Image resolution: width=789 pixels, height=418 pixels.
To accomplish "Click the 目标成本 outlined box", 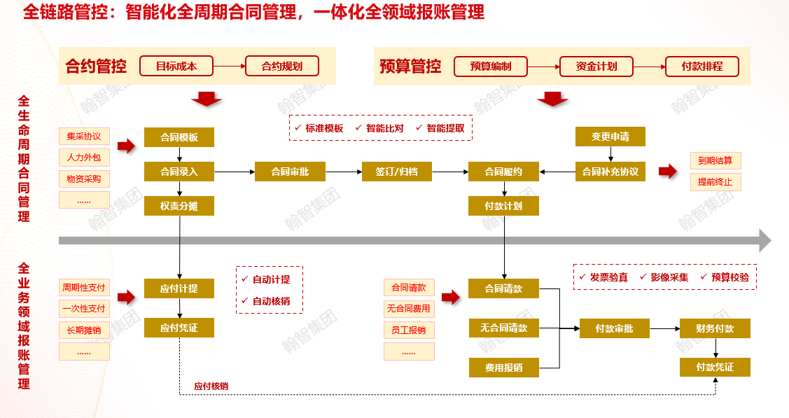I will coord(176,67).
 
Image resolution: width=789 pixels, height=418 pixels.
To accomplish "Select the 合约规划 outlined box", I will coord(281,67).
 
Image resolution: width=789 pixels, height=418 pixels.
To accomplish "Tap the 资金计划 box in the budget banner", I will coord(596,67).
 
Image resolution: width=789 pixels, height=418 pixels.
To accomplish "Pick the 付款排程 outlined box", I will coord(701,67).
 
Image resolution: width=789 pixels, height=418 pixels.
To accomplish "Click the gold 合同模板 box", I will coord(179,137).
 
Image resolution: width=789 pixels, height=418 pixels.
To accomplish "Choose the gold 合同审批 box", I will coord(290,171).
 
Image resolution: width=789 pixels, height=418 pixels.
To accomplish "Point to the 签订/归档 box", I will coord(397,171).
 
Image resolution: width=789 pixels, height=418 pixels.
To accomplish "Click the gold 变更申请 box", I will coord(610,137).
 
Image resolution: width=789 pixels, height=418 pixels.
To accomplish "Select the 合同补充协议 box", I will coord(610,171).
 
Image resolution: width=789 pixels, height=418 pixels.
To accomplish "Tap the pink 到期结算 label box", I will coord(715,161).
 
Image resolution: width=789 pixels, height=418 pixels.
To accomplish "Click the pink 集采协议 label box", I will coord(84,137).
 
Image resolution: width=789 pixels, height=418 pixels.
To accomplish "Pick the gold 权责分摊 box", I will coord(179,206).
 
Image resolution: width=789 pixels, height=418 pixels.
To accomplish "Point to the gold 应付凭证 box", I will coord(179,328).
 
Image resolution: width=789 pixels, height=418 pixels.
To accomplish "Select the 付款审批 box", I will coord(614,328).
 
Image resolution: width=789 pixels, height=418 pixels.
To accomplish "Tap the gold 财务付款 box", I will coord(715,328).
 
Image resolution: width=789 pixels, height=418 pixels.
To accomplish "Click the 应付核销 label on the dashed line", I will coord(211,386).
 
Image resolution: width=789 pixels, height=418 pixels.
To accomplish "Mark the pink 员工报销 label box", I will coord(409,330).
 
